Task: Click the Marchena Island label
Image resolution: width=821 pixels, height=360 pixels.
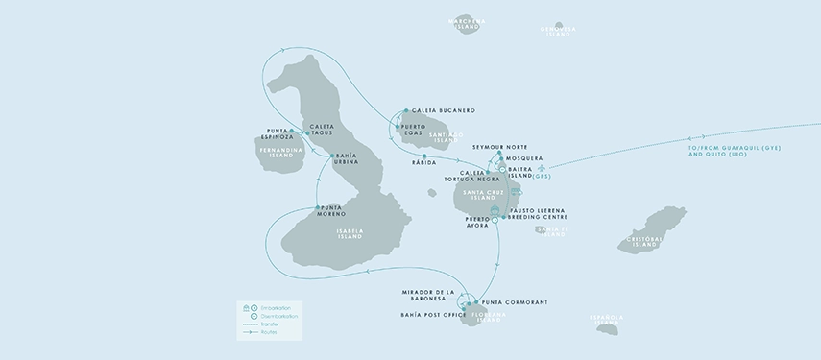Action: pyautogui.click(x=468, y=23)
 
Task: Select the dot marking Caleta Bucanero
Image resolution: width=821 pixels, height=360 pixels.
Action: pyautogui.click(x=406, y=110)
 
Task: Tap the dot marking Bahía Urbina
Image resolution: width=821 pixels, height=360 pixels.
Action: pyautogui.click(x=331, y=156)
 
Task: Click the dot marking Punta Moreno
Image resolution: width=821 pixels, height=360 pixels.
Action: pyautogui.click(x=318, y=207)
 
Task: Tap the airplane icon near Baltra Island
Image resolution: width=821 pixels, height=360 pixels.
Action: pyautogui.click(x=526, y=168)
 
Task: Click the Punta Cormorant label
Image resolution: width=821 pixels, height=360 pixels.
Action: pyautogui.click(x=514, y=302)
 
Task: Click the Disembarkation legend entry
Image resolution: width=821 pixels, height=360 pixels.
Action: pyautogui.click(x=278, y=316)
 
